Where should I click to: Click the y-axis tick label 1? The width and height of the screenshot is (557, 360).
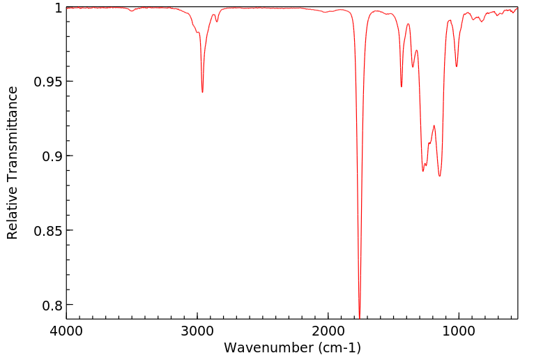tap(58, 8)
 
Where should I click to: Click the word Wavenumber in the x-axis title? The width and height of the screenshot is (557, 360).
tap(270, 347)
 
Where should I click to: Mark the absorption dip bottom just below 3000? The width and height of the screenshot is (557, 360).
tap(202, 92)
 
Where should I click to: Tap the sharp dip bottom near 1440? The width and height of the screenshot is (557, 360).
tap(402, 87)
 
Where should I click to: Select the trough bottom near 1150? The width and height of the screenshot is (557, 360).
tap(440, 176)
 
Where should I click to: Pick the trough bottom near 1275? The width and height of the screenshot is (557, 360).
tap(423, 171)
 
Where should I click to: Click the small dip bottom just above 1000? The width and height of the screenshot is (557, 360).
tap(457, 66)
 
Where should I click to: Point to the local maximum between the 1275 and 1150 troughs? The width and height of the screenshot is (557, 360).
tap(434, 126)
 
